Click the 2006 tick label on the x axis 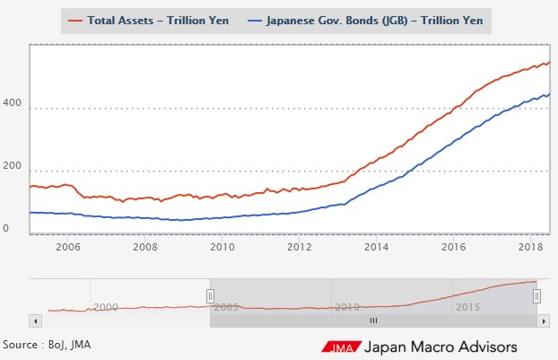[x=68, y=245]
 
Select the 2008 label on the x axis [x=145, y=245]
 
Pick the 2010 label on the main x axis [x=222, y=245]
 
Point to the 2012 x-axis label [x=299, y=245]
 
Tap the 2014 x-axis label [x=376, y=245]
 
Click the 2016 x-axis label [x=453, y=245]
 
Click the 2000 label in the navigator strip [x=106, y=307]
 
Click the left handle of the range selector [x=210, y=295]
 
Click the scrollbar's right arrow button [x=542, y=320]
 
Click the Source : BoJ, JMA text [x=47, y=344]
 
